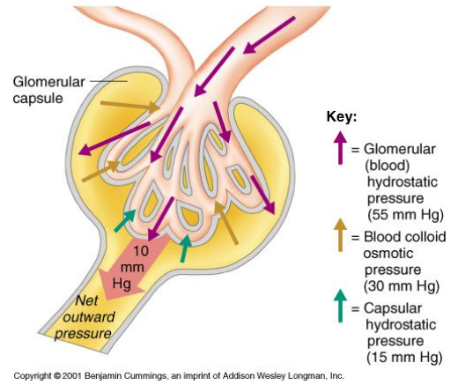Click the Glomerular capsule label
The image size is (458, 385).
(x=49, y=89)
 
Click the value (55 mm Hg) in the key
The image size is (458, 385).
(x=404, y=214)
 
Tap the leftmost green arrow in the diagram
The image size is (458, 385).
(x=125, y=221)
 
